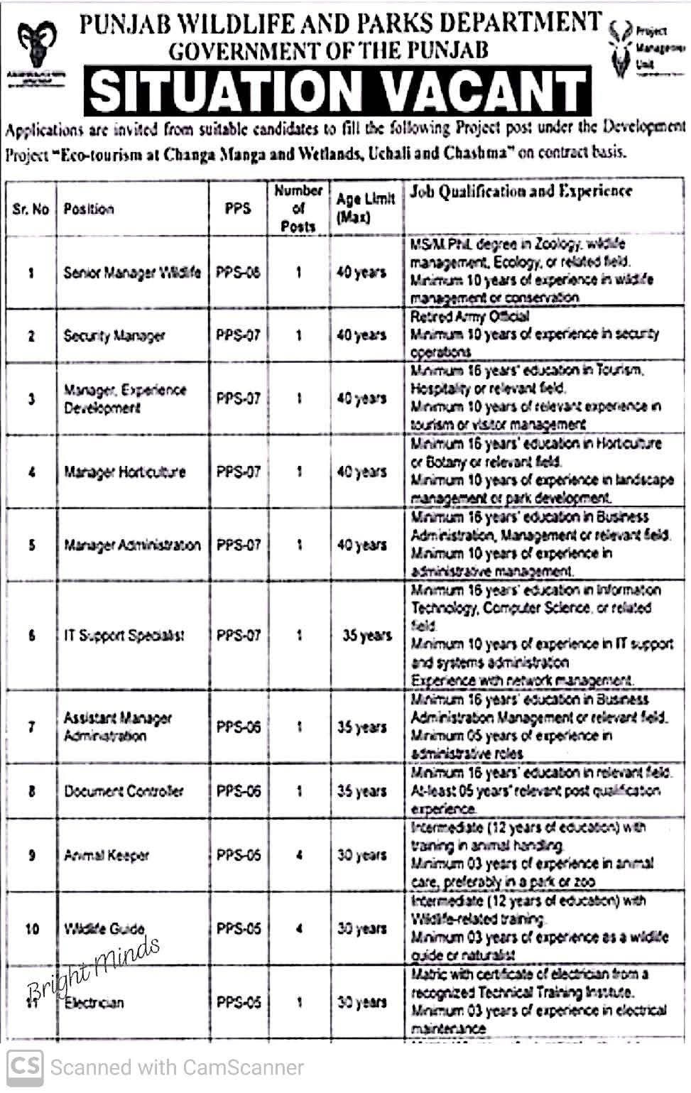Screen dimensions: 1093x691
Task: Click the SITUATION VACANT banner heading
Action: pos(338,91)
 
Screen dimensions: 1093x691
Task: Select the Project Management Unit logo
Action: pos(621,50)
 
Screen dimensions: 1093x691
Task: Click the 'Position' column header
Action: pos(89,209)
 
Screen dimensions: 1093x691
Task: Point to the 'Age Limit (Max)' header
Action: pos(365,208)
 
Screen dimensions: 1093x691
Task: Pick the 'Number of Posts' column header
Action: pos(298,208)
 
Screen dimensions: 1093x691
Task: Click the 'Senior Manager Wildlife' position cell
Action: pos(132,272)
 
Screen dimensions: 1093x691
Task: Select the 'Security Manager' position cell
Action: pos(114,336)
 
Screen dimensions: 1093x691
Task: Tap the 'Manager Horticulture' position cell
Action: pos(125,472)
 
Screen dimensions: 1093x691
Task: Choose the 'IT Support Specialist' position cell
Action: pos(124,636)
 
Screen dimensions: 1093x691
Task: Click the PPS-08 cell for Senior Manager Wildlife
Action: pos(239,272)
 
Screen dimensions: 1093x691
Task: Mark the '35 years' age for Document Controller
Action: pos(361,791)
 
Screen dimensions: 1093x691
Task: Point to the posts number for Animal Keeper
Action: pos(299,855)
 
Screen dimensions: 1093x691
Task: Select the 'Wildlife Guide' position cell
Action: pos(104,928)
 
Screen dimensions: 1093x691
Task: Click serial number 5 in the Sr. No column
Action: pos(31,545)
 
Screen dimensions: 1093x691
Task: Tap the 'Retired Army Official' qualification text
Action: pos(469,317)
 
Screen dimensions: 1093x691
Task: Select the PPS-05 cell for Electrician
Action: pos(239,1002)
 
